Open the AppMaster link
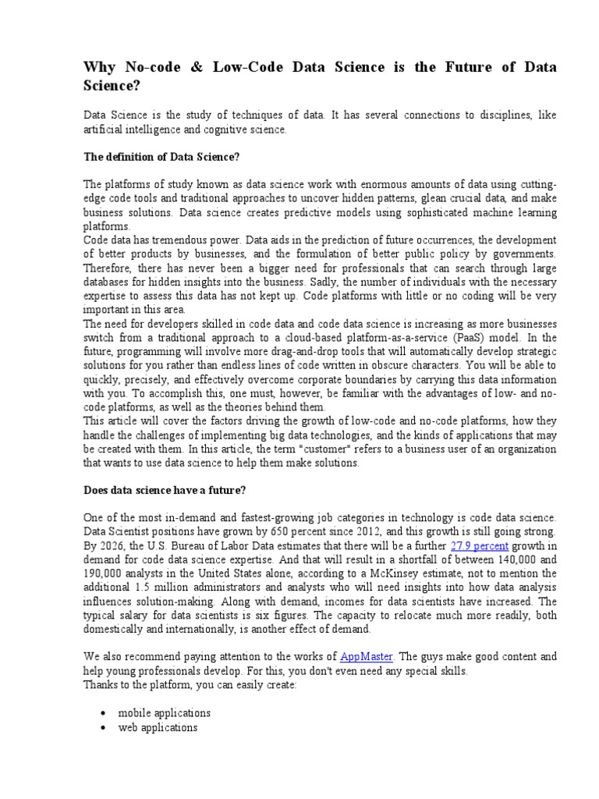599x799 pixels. coord(367,657)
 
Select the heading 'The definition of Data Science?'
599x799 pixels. coord(161,157)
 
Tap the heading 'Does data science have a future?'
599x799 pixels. coord(165,490)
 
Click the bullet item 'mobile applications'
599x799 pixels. coord(164,713)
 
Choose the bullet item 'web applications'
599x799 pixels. coord(157,727)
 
